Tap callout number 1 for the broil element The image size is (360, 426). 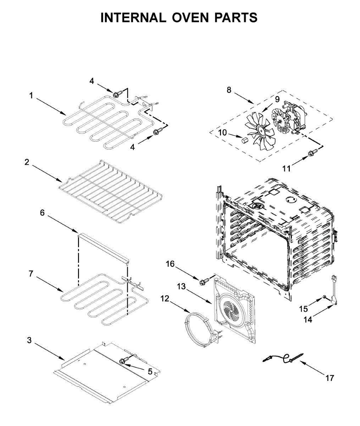[31, 95]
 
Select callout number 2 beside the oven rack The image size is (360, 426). [27, 162]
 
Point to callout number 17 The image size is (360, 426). [329, 378]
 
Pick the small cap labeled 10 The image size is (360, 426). [244, 141]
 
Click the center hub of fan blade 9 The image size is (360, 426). [263, 131]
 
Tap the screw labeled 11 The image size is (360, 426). [312, 153]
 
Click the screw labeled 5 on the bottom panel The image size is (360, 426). [124, 361]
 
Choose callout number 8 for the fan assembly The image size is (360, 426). [229, 90]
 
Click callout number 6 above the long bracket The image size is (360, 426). [42, 213]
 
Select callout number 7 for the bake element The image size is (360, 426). [31, 274]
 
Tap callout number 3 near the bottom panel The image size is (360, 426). [29, 340]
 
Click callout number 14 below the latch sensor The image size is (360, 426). [308, 319]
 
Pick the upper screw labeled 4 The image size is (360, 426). [116, 94]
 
